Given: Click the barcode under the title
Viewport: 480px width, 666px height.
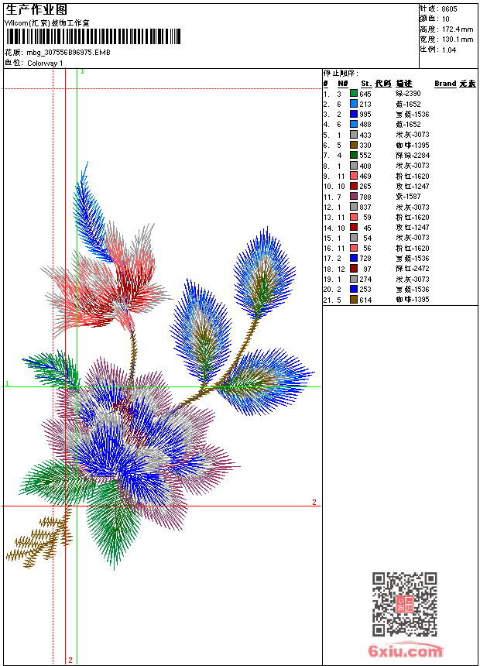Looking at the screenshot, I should click(92, 36).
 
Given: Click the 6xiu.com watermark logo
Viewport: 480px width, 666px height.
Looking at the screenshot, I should click(405, 651).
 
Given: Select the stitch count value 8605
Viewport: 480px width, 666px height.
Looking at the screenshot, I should click(450, 9).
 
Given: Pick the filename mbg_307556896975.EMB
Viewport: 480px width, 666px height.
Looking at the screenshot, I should click(68, 53).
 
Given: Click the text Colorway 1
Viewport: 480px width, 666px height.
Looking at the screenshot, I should click(46, 63).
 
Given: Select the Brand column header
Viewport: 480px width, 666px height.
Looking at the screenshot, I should click(445, 84).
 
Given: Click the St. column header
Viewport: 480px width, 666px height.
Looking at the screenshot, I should click(366, 84).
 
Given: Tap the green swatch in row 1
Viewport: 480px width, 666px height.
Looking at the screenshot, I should click(354, 94).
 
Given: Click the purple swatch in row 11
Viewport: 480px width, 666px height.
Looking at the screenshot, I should click(354, 197).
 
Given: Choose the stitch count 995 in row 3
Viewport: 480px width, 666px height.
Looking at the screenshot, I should click(365, 115).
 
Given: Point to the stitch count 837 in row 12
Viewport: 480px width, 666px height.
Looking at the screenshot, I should click(365, 207).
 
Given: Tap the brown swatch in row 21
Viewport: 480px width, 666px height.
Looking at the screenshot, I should click(354, 300).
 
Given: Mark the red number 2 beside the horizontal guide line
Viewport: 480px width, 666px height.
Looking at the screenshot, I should click(314, 503).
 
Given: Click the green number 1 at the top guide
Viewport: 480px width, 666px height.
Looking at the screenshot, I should click(83, 71).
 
